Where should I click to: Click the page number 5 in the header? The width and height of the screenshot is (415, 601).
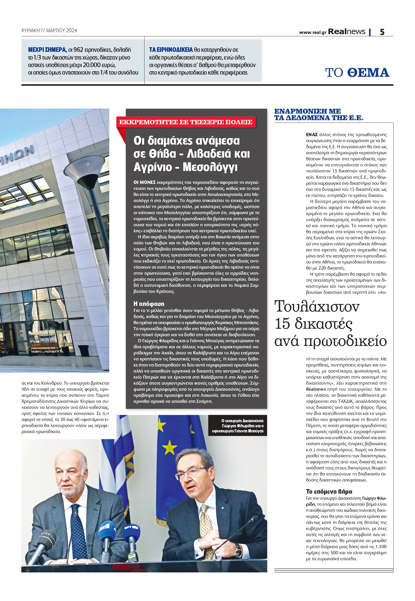coord(382,32)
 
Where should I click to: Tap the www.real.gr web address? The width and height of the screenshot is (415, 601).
coord(313,32)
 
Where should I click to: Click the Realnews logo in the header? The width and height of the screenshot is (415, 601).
coord(346,32)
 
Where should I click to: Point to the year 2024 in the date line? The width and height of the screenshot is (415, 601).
coord(71,31)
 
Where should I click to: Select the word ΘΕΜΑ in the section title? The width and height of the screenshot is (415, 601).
coord(368,72)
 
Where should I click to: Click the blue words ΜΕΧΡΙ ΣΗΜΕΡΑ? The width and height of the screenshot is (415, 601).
coord(47,50)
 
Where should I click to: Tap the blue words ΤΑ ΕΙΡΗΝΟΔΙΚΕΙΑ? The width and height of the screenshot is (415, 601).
coord(171,50)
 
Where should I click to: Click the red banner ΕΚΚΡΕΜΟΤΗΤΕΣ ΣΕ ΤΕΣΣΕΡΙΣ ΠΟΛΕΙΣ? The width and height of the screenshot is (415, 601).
coord(186,122)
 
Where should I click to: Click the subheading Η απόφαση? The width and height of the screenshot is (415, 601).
coord(149,304)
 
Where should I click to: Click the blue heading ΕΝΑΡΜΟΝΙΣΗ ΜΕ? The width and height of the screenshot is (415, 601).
coord(307,111)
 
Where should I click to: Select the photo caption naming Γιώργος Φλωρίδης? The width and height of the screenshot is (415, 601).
coord(238,426)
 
